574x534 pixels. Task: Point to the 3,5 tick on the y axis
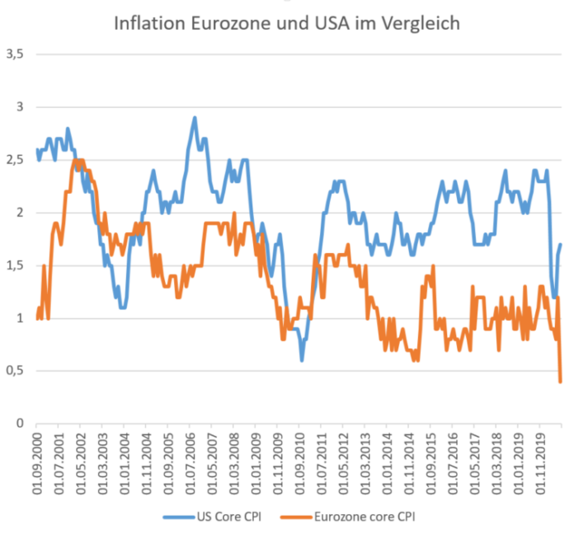(x=16, y=54)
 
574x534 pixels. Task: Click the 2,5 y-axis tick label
(x=16, y=160)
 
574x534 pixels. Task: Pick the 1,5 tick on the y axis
(x=16, y=265)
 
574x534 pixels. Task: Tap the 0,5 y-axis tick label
(x=16, y=371)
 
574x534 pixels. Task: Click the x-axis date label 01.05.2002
(x=81, y=461)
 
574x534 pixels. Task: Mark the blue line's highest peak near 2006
(x=195, y=117)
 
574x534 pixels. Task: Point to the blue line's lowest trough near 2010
(x=302, y=360)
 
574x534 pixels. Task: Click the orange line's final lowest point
(x=561, y=382)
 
